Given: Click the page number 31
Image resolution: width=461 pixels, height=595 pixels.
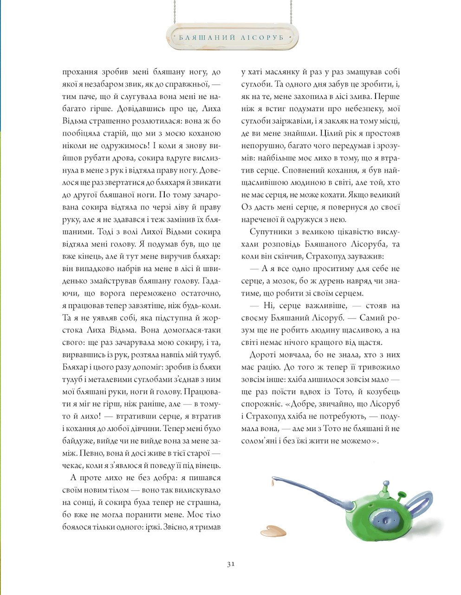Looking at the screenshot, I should (231, 564).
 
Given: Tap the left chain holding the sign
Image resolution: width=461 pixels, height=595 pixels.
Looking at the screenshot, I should (173, 11).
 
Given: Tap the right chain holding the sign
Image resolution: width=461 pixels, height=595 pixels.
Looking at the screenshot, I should (291, 11).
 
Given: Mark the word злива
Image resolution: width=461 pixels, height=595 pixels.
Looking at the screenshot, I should (357, 97).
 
